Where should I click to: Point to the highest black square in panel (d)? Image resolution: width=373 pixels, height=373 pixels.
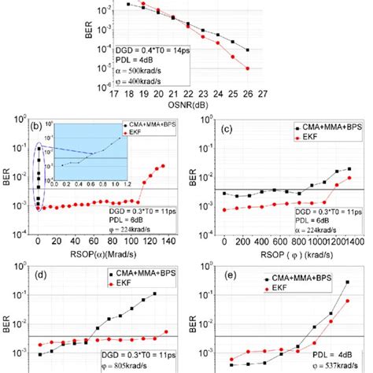[153, 294]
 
